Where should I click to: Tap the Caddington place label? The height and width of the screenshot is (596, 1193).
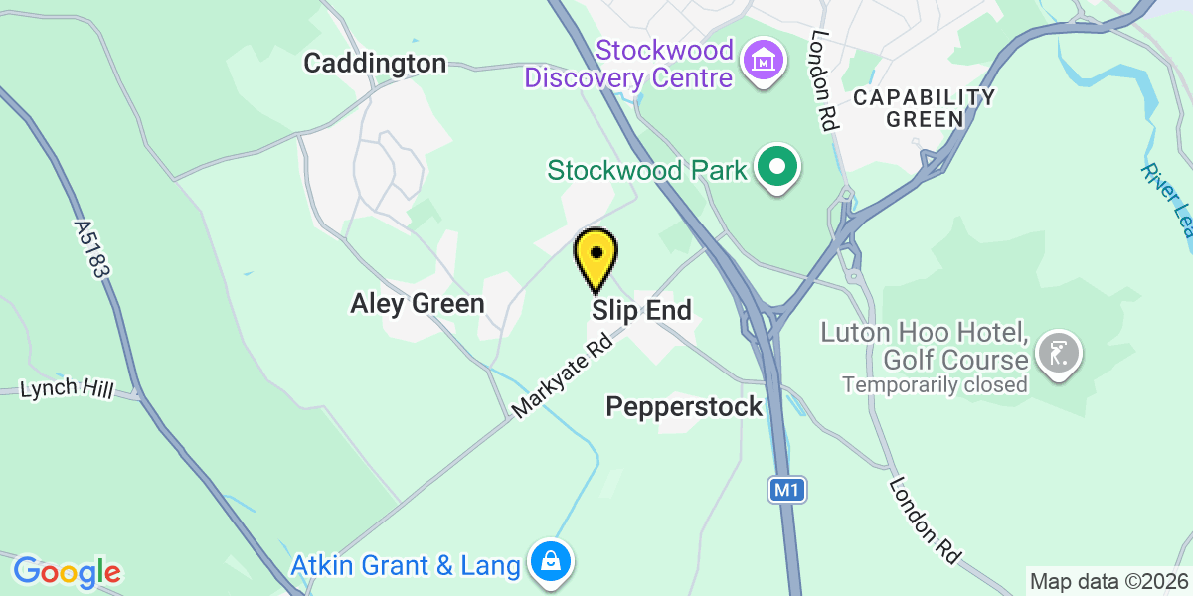375,64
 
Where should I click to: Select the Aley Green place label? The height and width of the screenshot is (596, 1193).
417,304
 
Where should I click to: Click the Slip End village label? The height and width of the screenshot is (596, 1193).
641,311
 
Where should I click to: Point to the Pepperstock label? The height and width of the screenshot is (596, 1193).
684,406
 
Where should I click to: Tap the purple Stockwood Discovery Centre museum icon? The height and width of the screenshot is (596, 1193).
764,62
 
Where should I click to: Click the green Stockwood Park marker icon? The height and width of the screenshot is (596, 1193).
778,168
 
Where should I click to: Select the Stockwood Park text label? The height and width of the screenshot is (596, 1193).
647,171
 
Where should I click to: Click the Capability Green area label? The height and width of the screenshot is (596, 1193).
924,108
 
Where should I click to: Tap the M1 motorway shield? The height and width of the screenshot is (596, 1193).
785,489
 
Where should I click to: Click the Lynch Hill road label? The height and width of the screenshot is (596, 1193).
65,388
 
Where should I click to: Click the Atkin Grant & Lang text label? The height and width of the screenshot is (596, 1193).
406,566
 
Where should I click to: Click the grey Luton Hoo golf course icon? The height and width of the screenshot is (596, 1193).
1057,352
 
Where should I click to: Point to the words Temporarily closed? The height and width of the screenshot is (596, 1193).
935,384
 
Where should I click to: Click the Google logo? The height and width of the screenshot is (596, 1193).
67,572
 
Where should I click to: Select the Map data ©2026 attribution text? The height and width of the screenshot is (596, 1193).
1108,581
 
